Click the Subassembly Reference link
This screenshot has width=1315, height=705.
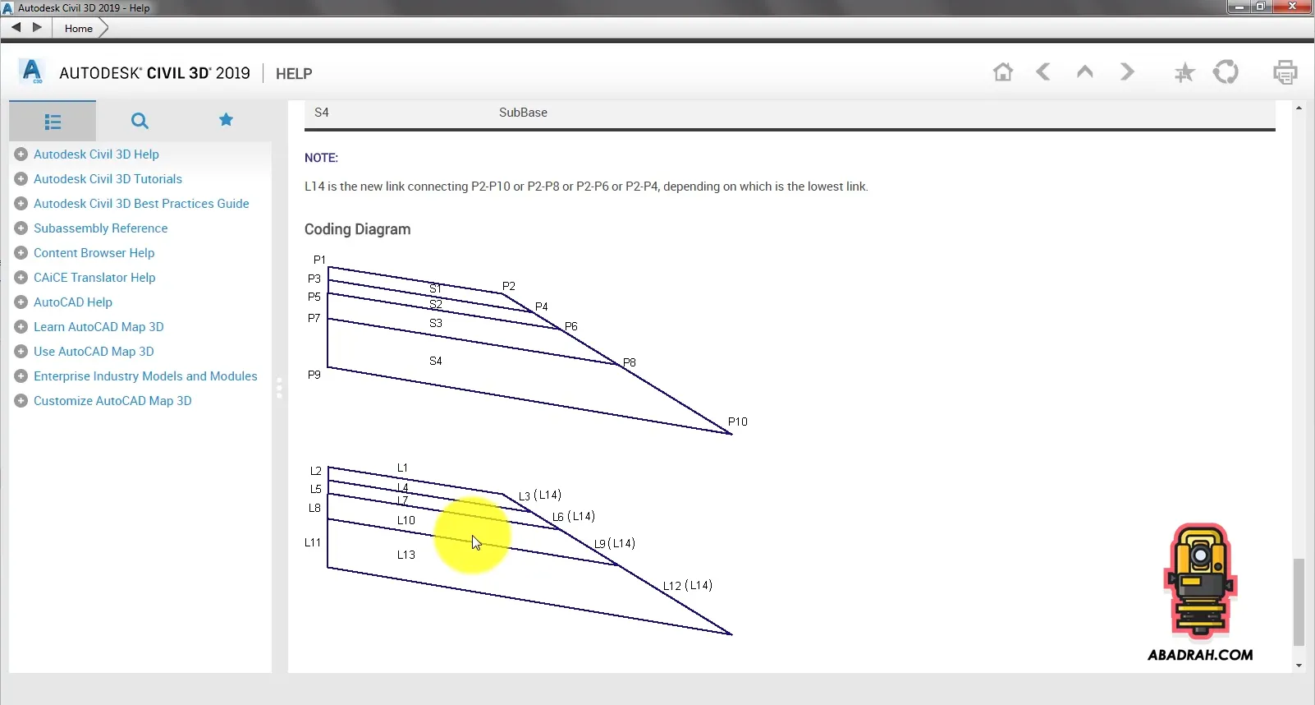100,228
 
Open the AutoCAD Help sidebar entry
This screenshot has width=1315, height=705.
73,302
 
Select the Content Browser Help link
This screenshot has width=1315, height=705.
94,252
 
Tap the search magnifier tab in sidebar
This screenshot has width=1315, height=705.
140,121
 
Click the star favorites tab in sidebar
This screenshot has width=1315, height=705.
226,120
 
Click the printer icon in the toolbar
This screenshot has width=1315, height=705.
1285,72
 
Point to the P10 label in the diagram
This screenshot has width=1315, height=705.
737,422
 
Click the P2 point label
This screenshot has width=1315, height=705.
508,286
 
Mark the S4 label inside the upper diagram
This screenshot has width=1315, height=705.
436,361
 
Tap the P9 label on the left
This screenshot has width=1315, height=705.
314,374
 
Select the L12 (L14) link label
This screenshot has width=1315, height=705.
687,585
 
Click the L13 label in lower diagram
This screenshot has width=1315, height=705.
405,555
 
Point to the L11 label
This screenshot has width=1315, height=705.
312,542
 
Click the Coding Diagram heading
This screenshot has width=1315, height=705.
358,229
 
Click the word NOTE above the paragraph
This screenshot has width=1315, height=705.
321,158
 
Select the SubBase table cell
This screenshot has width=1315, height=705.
523,113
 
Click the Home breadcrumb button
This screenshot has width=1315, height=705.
79,28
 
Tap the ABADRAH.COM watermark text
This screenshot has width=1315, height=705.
1200,655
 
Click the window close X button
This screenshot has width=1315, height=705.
1292,7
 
